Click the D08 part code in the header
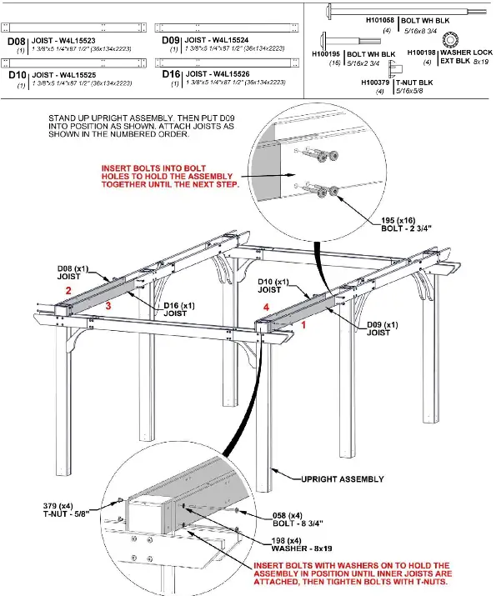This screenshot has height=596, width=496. pos(16,40)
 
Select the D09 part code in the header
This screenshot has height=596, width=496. pos(170,40)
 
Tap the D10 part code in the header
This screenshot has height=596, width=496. pos(16,75)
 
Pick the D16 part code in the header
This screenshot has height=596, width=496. pos(170,75)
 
